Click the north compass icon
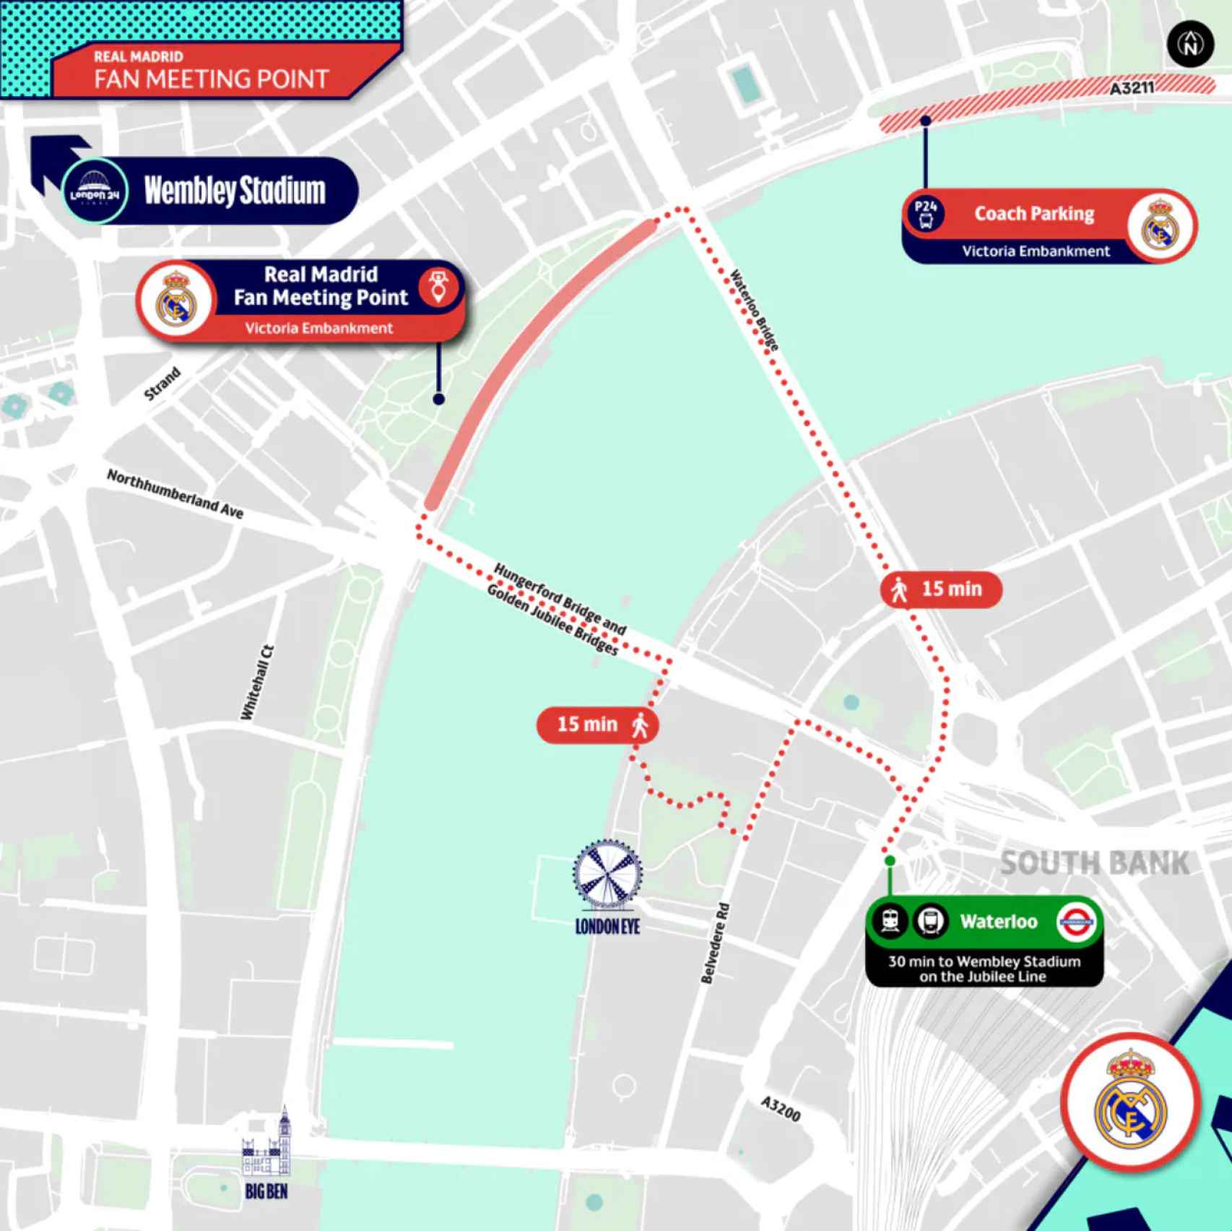coord(1190,45)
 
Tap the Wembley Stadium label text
coord(235,191)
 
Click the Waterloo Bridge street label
coord(754,310)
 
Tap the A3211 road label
coord(1132,88)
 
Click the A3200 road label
coord(781,1109)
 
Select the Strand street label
coord(162,384)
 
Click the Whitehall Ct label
coord(257,682)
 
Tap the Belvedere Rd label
coord(715,943)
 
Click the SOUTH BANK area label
coord(1093,863)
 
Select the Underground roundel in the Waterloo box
coord(1076,922)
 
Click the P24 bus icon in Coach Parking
coord(926,214)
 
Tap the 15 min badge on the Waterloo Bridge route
coord(940,589)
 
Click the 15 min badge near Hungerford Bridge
coord(597,725)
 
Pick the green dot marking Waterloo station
coord(890,860)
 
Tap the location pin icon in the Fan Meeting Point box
coord(438,287)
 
